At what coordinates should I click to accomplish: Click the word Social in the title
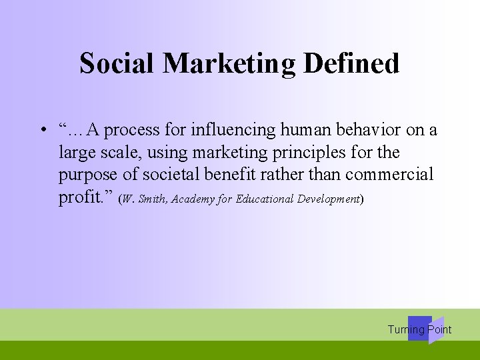tap(117, 63)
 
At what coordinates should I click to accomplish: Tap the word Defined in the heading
tap(351, 63)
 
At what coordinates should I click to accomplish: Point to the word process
tap(131, 130)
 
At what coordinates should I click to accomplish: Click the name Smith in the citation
tap(153, 199)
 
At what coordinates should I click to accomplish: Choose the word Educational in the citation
tap(265, 199)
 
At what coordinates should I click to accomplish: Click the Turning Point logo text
tap(419, 329)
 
